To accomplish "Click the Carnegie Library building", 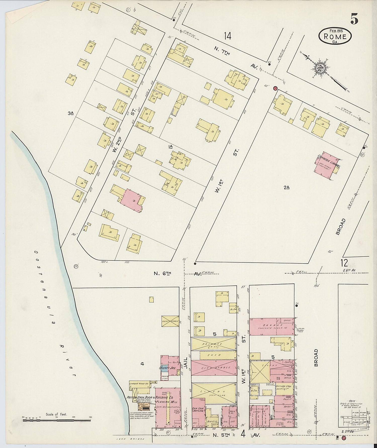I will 326,165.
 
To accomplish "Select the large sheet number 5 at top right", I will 354,19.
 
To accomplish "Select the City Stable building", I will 214,368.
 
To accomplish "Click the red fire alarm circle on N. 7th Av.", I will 275,88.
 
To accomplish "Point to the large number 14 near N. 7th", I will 228,36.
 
